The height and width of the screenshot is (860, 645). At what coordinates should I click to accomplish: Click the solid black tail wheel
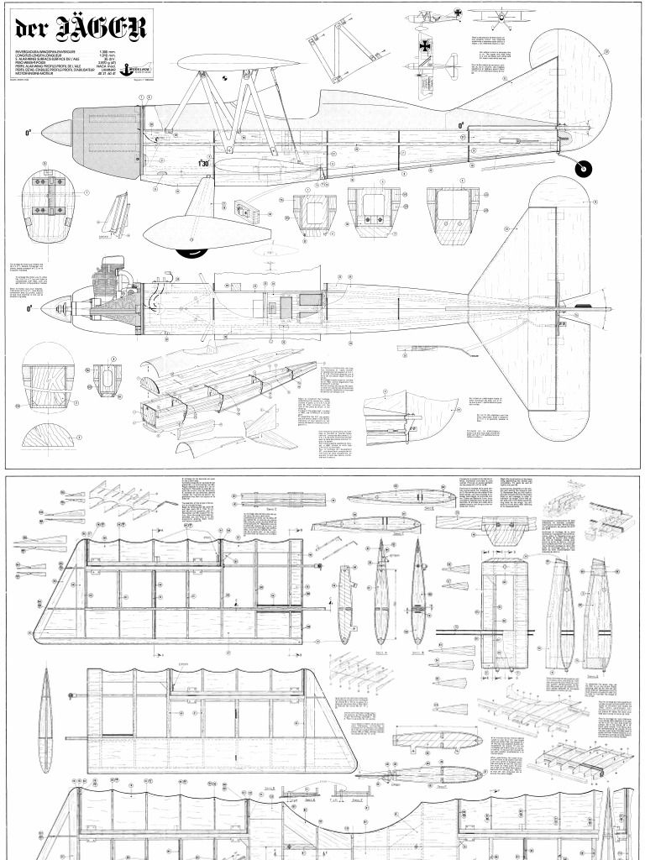(581, 170)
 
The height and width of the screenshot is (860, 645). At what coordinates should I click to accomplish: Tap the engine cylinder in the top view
(108, 276)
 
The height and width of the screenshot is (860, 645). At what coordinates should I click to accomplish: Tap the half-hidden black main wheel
(191, 250)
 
